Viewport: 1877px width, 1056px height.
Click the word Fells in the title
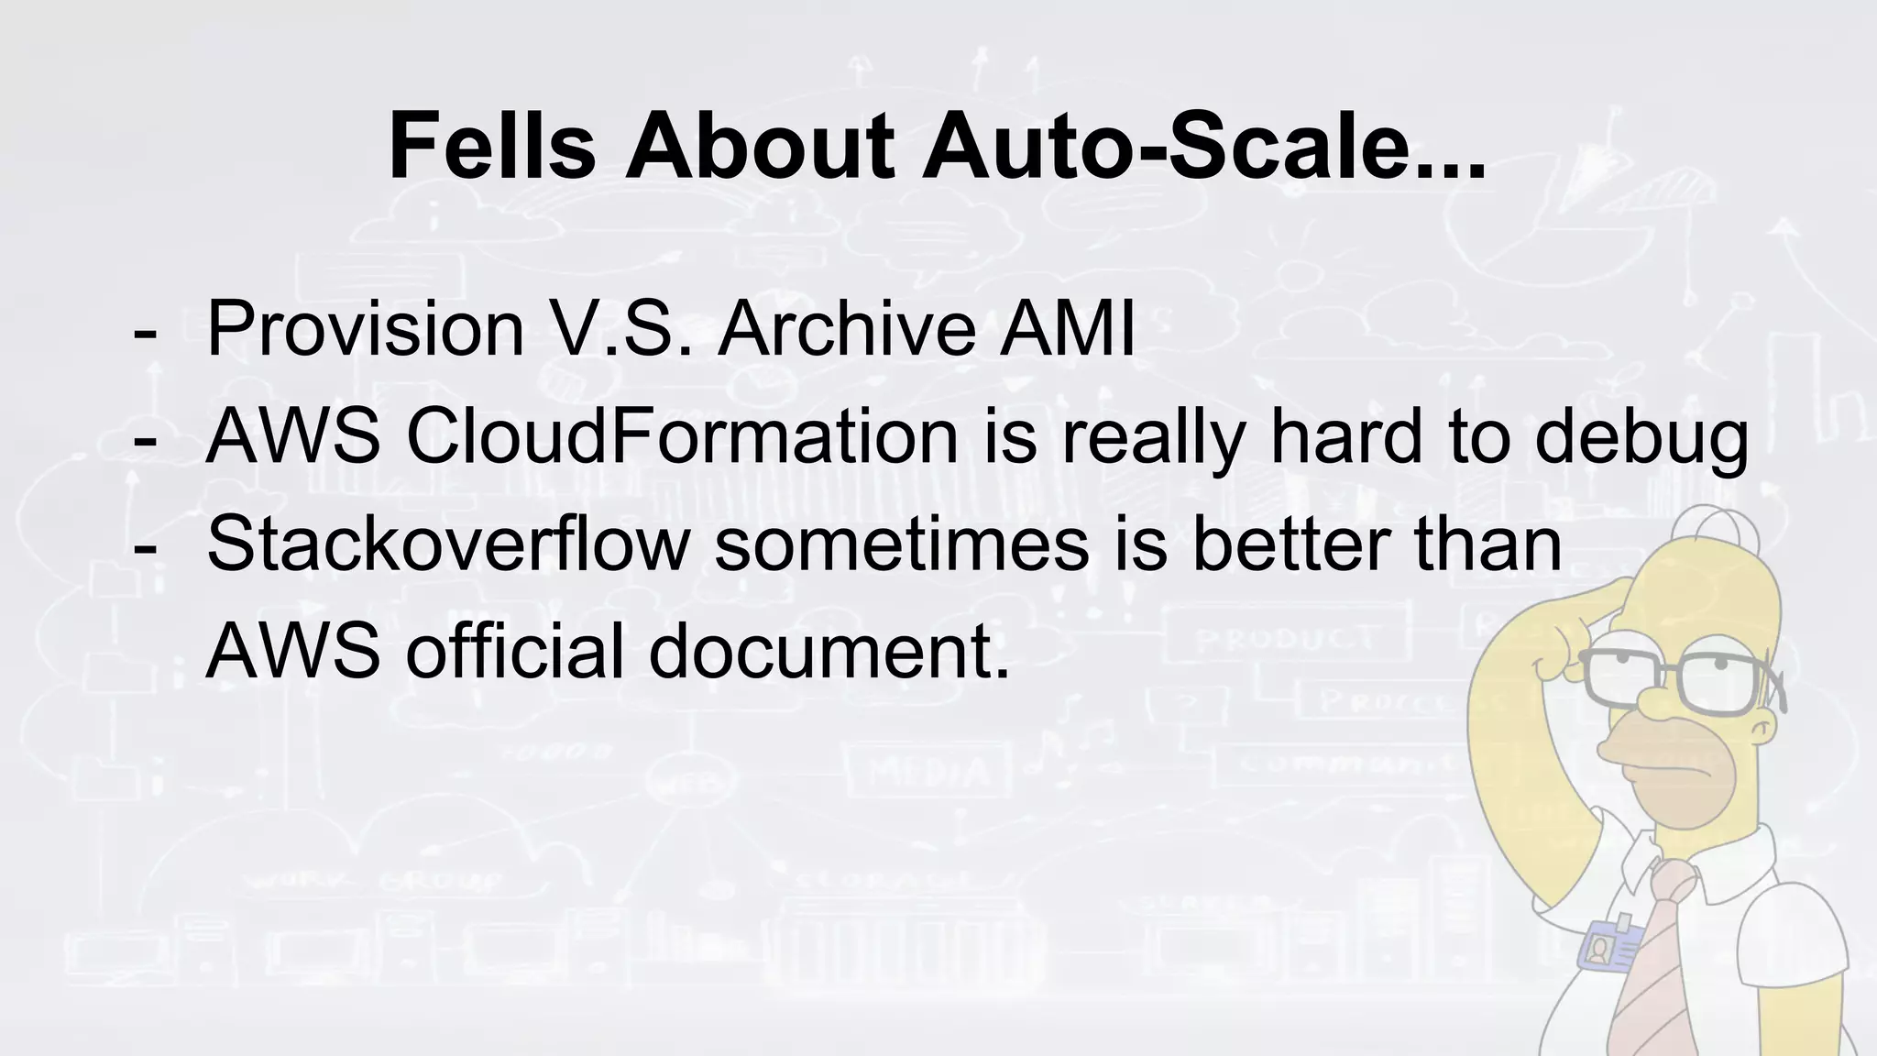492,147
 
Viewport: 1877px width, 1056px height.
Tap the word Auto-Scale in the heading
1202,147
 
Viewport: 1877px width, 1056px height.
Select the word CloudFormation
682,436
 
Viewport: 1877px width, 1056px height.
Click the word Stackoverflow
447,544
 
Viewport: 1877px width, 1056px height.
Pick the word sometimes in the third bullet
901,544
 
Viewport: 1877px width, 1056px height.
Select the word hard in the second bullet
1347,436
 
